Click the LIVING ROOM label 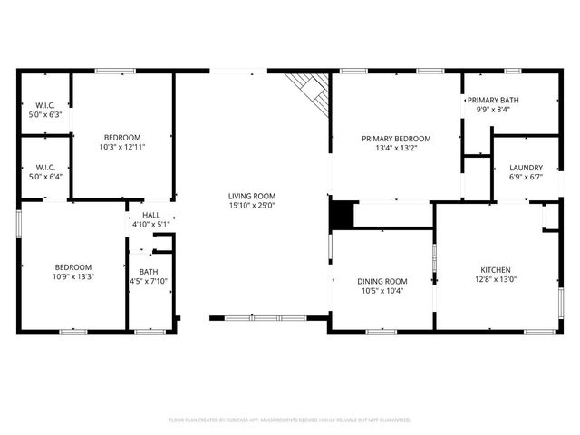pos(251,196)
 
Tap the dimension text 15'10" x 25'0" pos(251,206)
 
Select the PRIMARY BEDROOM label pos(396,139)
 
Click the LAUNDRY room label pos(526,168)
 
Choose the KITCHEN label pos(495,270)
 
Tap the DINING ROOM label pos(382,282)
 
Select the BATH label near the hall pos(148,272)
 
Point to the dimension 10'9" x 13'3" pos(73,276)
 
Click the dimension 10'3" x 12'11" pos(122,146)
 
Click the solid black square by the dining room pos(341,215)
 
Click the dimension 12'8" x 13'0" pos(495,280)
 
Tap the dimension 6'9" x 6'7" pos(526,178)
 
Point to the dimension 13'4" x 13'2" pos(396,149)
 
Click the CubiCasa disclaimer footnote pos(290,420)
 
